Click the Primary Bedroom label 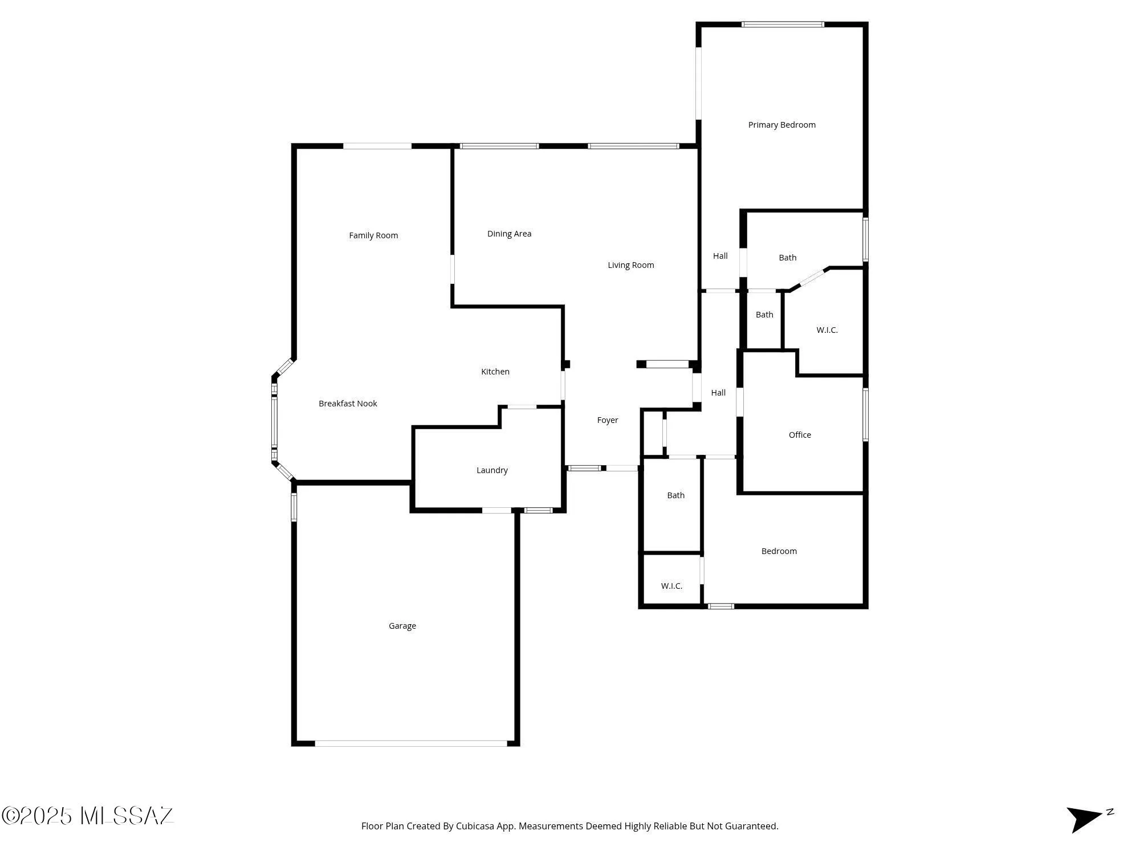(x=781, y=125)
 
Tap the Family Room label (x=373, y=235)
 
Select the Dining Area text (x=509, y=234)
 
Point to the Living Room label (x=630, y=265)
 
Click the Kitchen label (x=495, y=372)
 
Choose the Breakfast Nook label (x=348, y=404)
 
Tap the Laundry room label (x=492, y=470)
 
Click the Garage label (x=402, y=626)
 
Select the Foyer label (x=607, y=420)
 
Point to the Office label (x=800, y=435)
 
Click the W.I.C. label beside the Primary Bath (x=826, y=330)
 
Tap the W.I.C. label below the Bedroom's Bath (x=671, y=586)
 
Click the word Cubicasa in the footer (x=474, y=826)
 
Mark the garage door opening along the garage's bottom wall (x=411, y=743)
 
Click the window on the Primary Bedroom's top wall (x=783, y=25)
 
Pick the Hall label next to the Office (x=718, y=393)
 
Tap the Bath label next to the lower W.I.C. (x=675, y=495)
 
